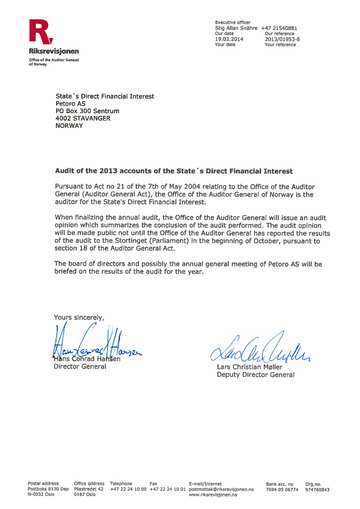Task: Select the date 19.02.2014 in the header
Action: point(229,39)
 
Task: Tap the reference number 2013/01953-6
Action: point(282,39)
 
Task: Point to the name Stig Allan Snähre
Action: point(236,28)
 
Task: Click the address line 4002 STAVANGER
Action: point(83,118)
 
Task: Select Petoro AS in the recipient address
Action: point(71,103)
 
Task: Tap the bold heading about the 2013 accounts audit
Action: point(173,171)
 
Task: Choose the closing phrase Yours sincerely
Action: point(79,317)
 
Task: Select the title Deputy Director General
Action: point(256,375)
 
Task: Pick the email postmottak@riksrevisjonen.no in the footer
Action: point(222,489)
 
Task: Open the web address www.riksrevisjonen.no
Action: point(213,495)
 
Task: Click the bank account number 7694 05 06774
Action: point(282,489)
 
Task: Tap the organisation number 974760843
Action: point(317,489)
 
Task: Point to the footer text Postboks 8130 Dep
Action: point(48,489)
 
